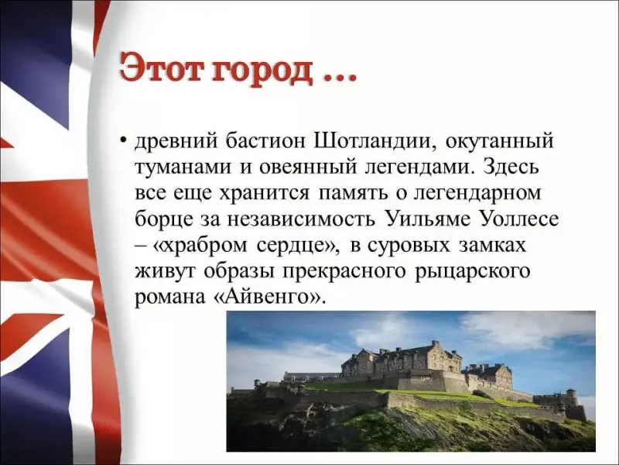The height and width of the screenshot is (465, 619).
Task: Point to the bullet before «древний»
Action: [124, 140]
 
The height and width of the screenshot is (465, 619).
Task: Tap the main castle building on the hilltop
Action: [401, 360]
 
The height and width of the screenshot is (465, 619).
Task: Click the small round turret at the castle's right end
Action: [570, 398]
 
